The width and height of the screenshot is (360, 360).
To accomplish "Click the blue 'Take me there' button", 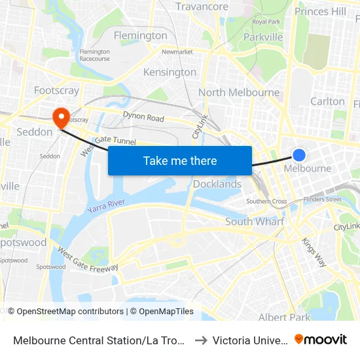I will pos(180,161).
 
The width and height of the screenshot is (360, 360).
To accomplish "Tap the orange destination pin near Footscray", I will pos(61,117).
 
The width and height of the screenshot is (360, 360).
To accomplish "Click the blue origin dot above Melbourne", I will pos(298,155).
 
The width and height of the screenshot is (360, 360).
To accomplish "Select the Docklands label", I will pos(217,184).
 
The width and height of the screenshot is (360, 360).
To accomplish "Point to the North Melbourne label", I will pos(239,93).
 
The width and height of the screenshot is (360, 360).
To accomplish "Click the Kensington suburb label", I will pos(170,72).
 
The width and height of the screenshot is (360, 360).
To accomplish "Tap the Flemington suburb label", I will pos(140,35).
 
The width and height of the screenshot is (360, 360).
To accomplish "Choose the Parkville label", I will pos(262,37).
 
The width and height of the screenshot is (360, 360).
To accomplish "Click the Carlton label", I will pos(327,101).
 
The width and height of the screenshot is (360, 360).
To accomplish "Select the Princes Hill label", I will pos(320,11).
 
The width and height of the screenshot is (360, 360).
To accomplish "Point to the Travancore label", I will pos(202,7).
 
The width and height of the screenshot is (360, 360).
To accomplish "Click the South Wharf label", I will pos(255,222).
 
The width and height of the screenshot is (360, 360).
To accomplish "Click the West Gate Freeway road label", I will pos(88,259).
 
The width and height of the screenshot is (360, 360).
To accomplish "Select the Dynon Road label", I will pos(143,117).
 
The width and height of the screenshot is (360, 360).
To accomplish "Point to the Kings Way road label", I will pos(314,251).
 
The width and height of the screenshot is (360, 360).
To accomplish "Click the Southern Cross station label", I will pos(266,202).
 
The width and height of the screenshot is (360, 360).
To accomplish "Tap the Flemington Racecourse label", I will pos(94,55).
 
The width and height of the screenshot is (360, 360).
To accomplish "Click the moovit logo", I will pos(321,339).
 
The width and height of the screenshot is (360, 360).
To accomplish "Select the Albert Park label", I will pos(284,317).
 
